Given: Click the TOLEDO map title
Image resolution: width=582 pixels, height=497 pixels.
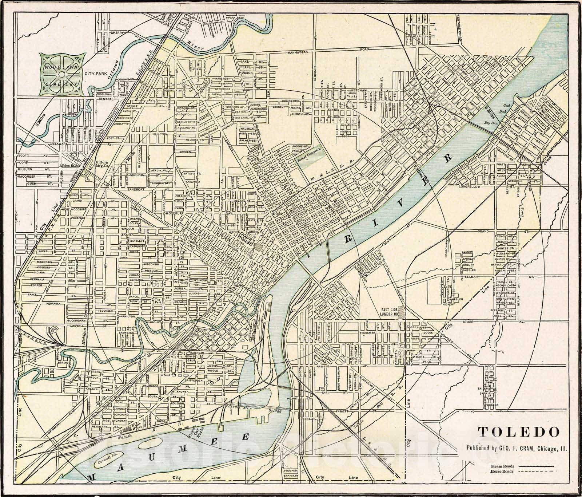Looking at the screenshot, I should [518, 432].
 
